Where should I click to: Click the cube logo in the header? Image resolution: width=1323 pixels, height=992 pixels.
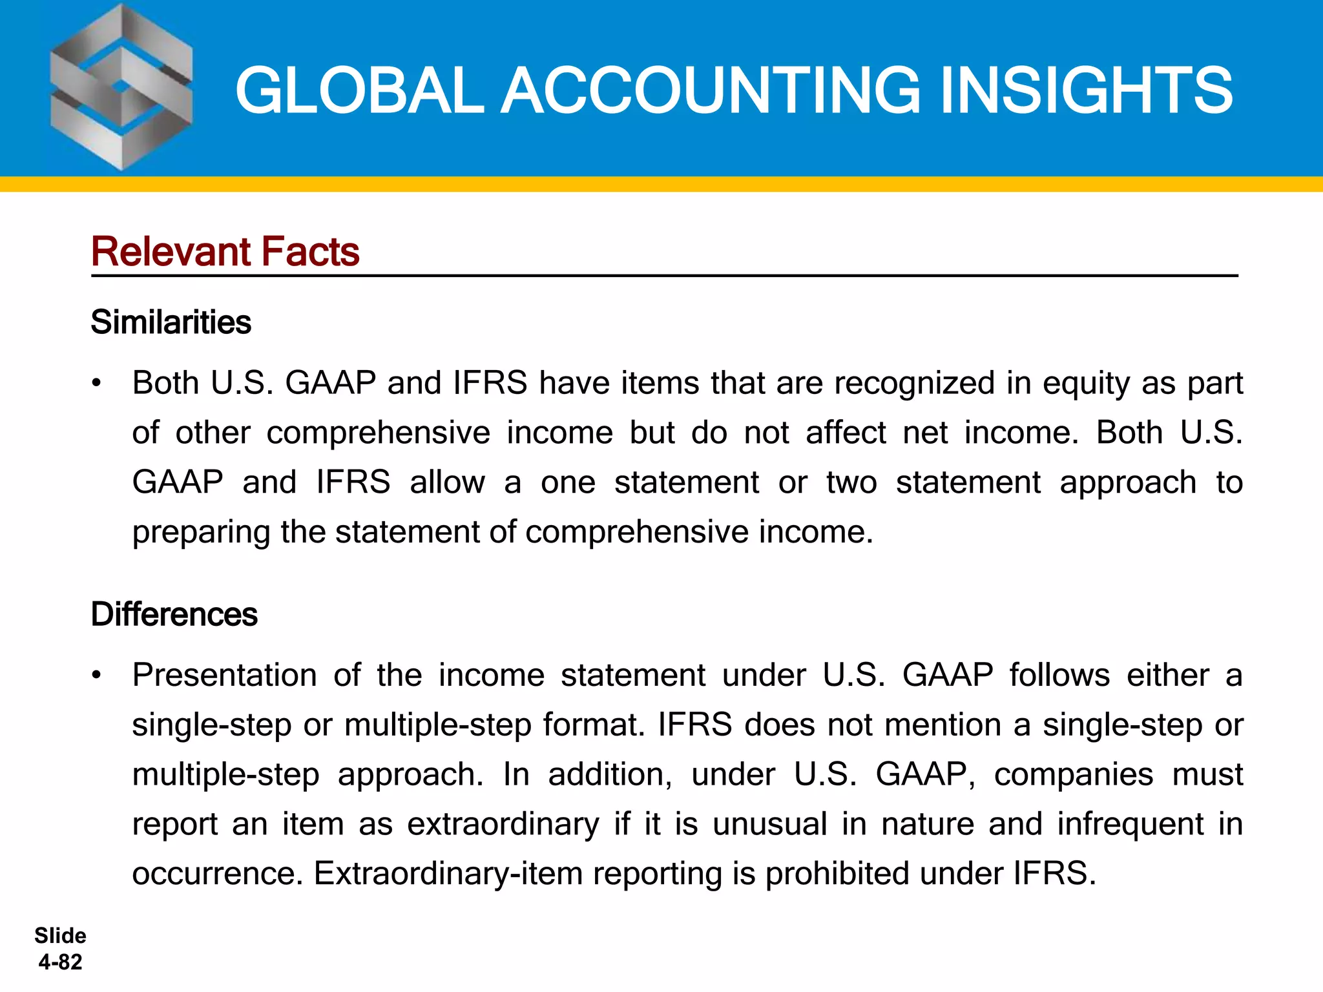pos(121,88)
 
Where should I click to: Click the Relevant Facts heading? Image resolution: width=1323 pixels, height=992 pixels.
pos(225,251)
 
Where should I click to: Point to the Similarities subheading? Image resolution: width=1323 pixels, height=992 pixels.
pos(171,322)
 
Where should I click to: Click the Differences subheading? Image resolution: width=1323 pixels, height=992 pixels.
pos(174,614)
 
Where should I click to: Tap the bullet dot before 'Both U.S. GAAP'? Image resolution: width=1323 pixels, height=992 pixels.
pos(97,384)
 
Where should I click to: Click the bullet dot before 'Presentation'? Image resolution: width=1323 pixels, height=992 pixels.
pos(97,676)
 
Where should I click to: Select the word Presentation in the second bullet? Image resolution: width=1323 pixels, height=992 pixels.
pos(224,676)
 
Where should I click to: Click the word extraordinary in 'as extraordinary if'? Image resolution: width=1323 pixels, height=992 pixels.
pos(503,824)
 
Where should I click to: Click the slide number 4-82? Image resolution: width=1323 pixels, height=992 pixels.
pos(60,962)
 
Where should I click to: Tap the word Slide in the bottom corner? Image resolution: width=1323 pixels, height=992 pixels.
pos(60,936)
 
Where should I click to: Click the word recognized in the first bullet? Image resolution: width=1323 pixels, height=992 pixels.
pos(914,383)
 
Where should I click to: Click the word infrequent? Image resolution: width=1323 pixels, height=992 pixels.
pos(1130,824)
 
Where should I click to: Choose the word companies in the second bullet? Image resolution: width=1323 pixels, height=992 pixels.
pos(1073,774)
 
